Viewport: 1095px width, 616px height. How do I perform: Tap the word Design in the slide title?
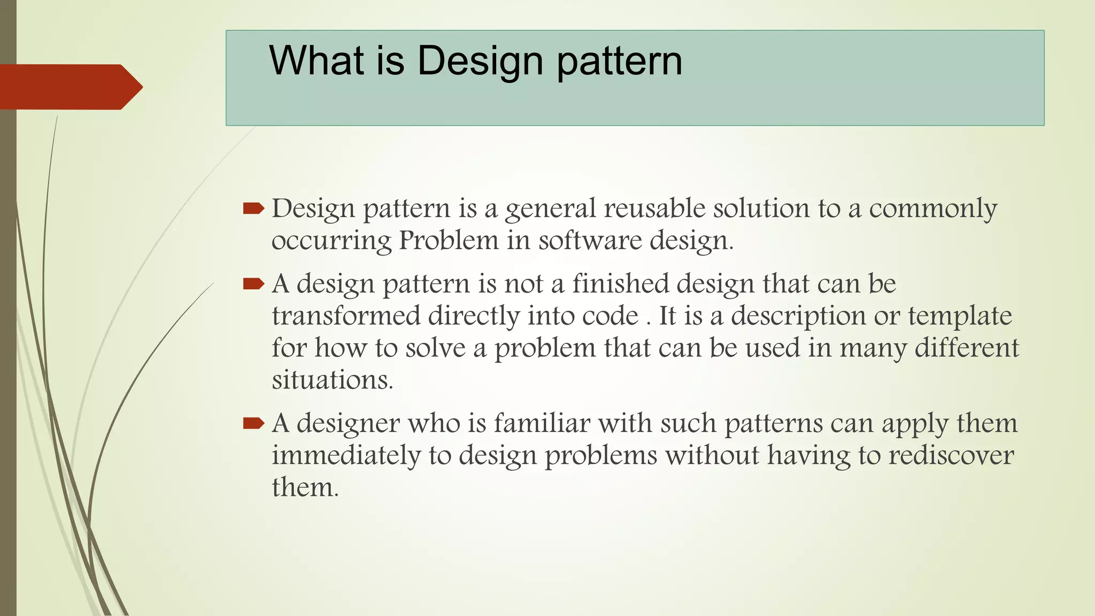(x=480, y=61)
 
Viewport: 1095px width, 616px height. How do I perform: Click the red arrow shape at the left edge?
(x=70, y=87)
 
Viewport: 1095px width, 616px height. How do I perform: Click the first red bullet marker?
(x=253, y=209)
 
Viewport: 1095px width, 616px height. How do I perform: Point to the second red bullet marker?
(x=253, y=283)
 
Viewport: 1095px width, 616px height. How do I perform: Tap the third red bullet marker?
(x=253, y=423)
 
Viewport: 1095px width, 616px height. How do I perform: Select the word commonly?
(x=932, y=209)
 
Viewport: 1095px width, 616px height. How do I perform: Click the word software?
(x=589, y=240)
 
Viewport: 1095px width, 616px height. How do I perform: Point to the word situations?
(x=332, y=380)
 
